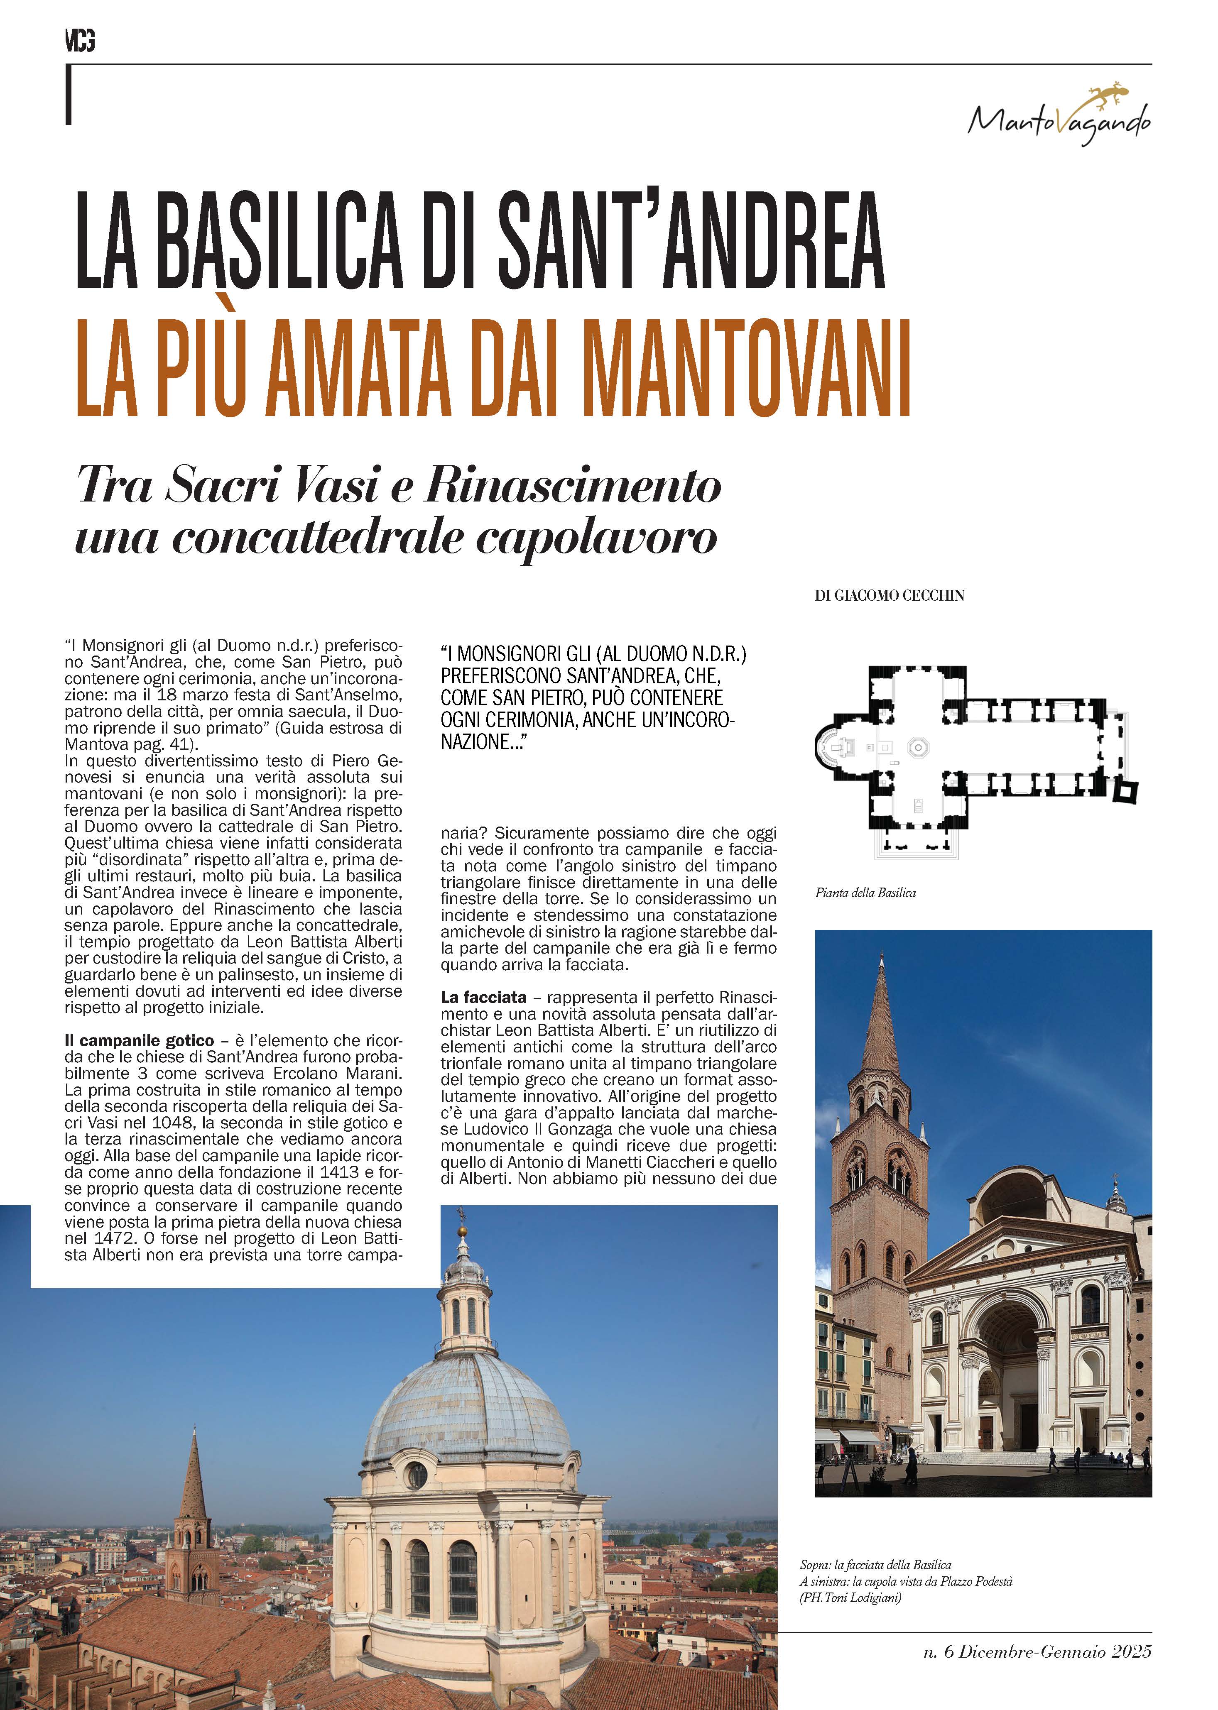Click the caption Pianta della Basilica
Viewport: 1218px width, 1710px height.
865,893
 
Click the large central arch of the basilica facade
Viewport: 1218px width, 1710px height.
1012,1342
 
